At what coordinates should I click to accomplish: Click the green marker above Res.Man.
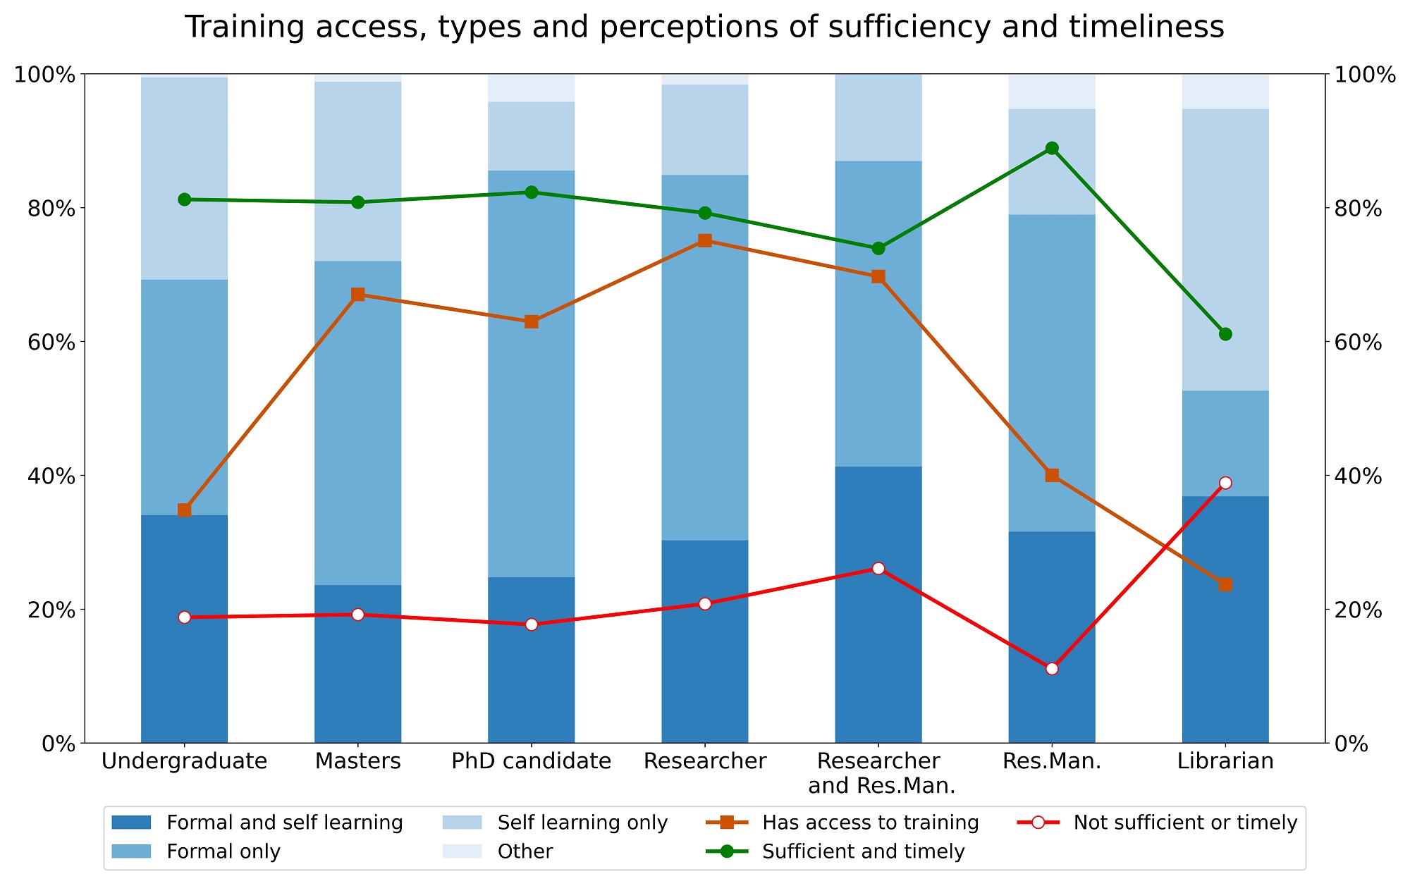(x=1052, y=148)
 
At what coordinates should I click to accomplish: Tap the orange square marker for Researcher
(x=704, y=240)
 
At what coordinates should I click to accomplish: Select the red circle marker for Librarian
(x=1225, y=483)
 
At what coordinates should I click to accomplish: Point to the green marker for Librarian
(x=1225, y=334)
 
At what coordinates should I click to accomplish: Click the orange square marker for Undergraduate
(x=185, y=510)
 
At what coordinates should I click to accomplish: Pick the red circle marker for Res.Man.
(x=1052, y=668)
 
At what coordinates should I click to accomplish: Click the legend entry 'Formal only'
(x=223, y=851)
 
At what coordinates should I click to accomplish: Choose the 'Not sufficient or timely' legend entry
(x=1184, y=823)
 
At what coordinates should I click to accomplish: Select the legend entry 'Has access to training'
(x=870, y=823)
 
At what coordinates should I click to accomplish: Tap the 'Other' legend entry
(x=525, y=851)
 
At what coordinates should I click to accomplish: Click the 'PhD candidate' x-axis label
(x=531, y=761)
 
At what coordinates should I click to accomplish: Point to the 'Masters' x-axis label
(x=358, y=761)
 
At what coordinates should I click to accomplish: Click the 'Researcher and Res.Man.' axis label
(x=878, y=773)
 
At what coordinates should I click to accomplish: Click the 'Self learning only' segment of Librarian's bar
(x=1225, y=249)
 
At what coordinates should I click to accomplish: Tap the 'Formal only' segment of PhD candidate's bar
(x=531, y=374)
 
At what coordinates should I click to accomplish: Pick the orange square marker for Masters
(x=358, y=295)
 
